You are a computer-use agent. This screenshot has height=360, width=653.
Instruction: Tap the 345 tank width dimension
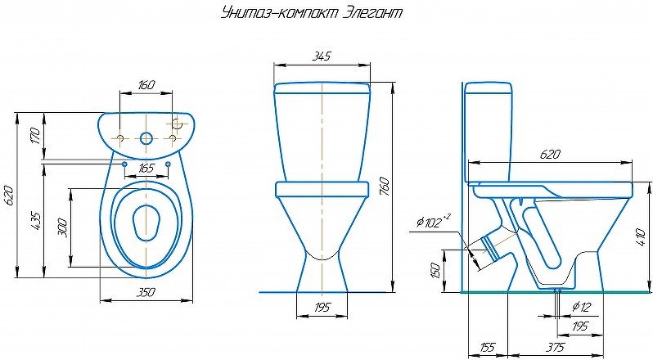[x=322, y=56]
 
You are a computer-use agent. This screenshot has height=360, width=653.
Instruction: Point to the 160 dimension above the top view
[x=146, y=85]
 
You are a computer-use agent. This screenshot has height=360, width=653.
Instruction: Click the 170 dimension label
[x=35, y=136]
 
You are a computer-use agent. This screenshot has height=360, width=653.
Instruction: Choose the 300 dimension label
[x=62, y=227]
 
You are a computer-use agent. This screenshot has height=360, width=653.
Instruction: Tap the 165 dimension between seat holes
[x=146, y=169]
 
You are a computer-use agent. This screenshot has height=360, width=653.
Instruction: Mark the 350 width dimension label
[x=146, y=293]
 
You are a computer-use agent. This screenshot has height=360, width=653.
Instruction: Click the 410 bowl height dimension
[x=642, y=236]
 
